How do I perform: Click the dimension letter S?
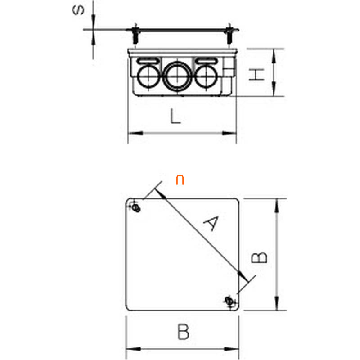click(x=78, y=10)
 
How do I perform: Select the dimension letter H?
click(x=256, y=74)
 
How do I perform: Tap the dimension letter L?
click(x=175, y=116)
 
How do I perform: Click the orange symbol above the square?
click(x=180, y=180)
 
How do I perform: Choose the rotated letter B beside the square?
click(x=259, y=257)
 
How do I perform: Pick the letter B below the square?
click(x=183, y=332)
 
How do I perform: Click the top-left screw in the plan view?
click(x=136, y=208)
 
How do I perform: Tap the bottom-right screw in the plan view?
click(x=229, y=301)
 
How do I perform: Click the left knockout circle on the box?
click(x=148, y=76)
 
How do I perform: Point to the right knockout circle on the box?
click(x=206, y=76)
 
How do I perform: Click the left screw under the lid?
click(x=136, y=36)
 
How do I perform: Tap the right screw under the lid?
click(x=229, y=36)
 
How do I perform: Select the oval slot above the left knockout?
click(x=148, y=61)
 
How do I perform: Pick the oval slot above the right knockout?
click(x=206, y=61)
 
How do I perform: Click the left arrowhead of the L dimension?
click(x=136, y=133)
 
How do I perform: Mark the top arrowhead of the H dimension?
click(x=274, y=57)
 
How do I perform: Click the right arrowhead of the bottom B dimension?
click(x=231, y=349)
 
